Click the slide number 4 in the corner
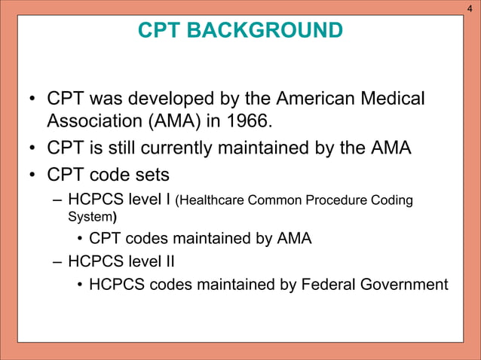tap(471, 8)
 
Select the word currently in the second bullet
tap(184, 148)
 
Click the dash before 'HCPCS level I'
tap(58, 200)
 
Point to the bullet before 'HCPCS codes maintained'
tap(79, 285)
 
